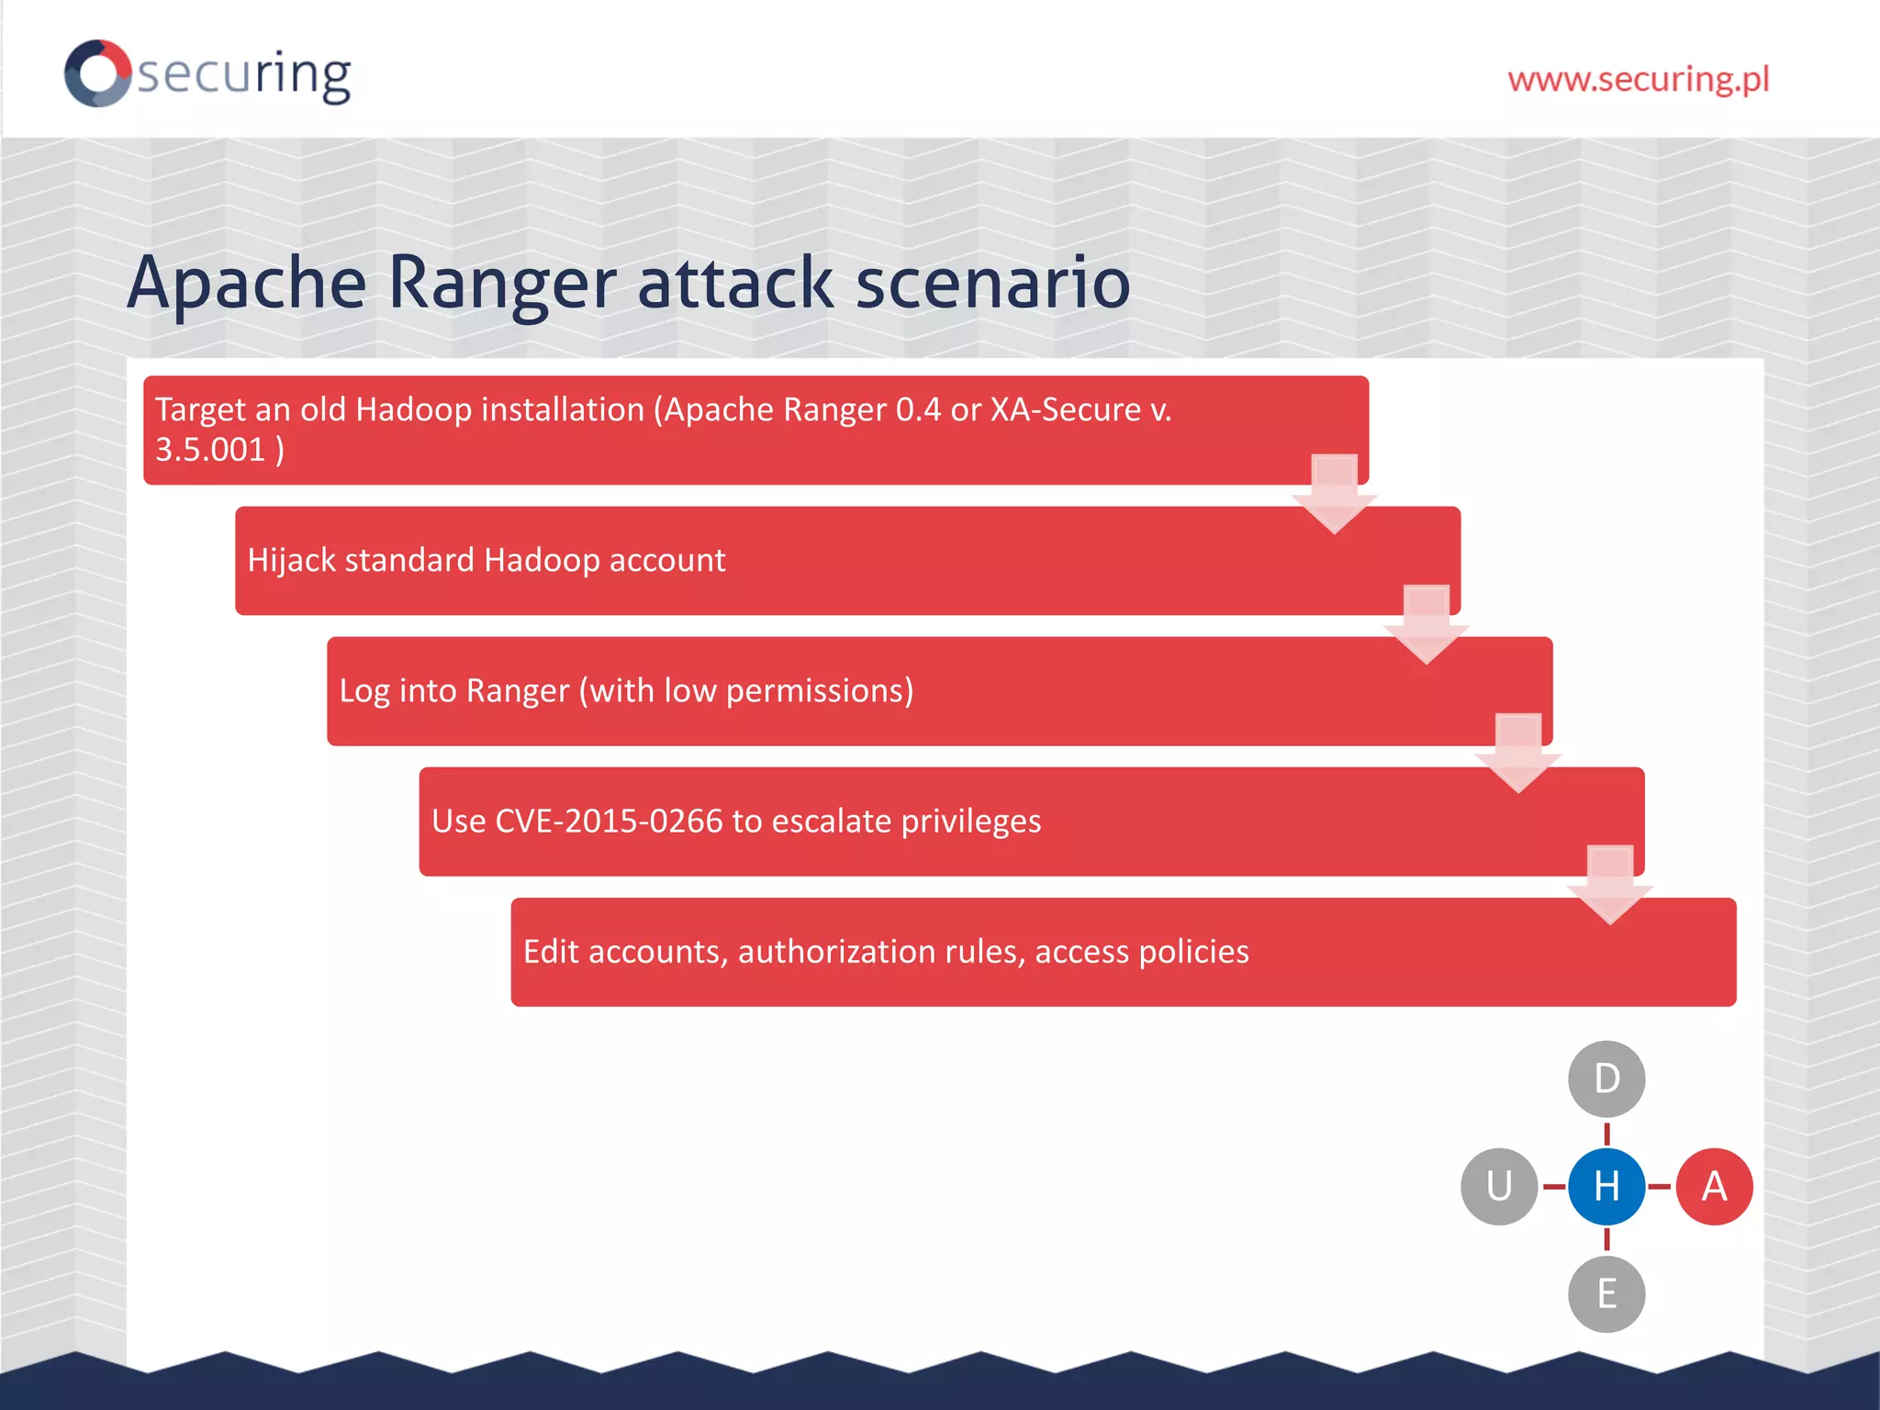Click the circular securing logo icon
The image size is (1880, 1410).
(97, 73)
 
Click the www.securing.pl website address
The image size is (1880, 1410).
(1638, 79)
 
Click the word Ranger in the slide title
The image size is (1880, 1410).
(501, 283)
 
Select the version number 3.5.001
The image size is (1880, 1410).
(210, 450)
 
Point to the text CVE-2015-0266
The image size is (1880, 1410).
(609, 821)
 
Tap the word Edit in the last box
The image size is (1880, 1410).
(551, 952)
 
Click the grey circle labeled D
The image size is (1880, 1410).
(1606, 1079)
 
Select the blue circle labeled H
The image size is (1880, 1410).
(1606, 1186)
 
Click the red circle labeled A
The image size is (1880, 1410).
(1714, 1186)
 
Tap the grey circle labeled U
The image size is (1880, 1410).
(1499, 1186)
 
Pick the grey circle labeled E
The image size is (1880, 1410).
(1606, 1294)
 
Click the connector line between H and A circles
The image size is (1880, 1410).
(1660, 1187)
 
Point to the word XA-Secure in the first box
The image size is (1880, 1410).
(1065, 409)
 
